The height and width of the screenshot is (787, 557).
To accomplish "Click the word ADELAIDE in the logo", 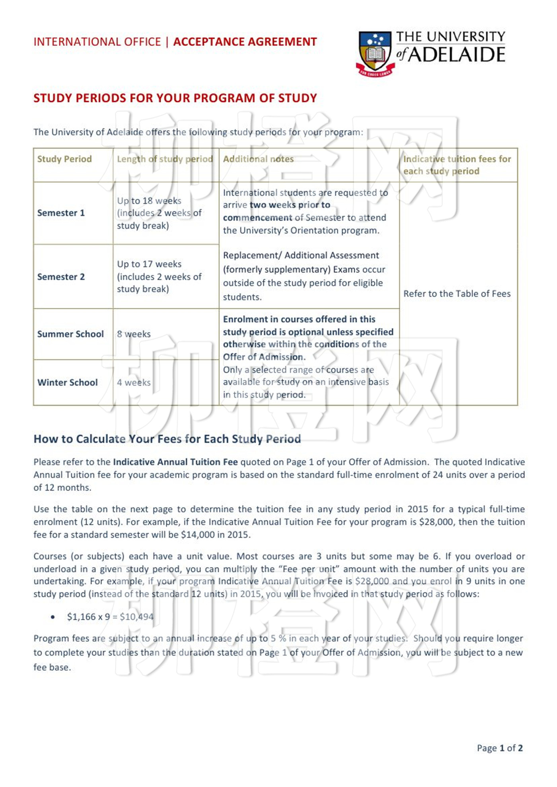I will [457, 55].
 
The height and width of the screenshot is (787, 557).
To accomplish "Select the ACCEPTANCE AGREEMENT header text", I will [245, 42].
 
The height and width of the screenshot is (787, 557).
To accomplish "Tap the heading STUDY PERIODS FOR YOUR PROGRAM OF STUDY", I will [175, 98].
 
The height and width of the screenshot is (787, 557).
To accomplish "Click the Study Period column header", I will [64, 159].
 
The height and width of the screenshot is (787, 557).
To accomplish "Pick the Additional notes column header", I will [258, 159].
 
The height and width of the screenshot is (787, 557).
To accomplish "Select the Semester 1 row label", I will [61, 213].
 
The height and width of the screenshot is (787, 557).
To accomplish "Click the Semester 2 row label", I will [61, 277].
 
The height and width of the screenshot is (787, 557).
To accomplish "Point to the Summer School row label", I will [70, 334].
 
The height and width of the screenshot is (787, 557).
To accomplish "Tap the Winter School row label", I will [67, 383].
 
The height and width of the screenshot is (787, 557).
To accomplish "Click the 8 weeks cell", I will [134, 334].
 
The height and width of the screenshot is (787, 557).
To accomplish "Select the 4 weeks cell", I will [134, 383].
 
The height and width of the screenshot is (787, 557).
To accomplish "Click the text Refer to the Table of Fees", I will [457, 294].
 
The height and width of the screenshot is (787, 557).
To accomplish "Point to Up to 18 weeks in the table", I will [149, 201].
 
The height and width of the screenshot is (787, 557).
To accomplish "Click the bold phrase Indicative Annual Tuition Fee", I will [175, 462].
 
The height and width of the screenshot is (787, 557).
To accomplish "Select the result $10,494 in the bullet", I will [136, 617].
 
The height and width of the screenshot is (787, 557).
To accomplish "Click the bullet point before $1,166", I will [53, 618].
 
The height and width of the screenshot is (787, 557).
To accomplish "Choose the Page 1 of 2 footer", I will [500, 748].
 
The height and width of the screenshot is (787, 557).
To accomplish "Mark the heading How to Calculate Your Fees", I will [167, 439].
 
